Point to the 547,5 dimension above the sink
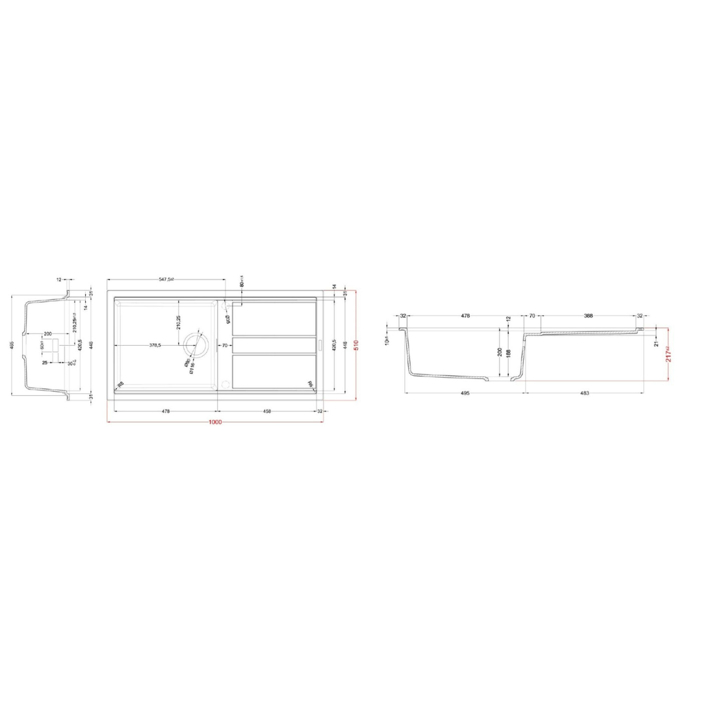tap(167, 279)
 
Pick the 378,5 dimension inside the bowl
tap(155, 346)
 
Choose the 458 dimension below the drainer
tap(267, 411)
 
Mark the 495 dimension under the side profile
tap(464, 393)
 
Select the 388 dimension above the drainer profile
tap(588, 316)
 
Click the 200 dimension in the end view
tap(47, 333)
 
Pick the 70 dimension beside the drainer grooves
tap(225, 346)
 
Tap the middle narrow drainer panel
tap(274, 345)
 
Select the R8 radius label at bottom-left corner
tap(120, 383)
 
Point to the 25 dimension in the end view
tap(45, 363)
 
